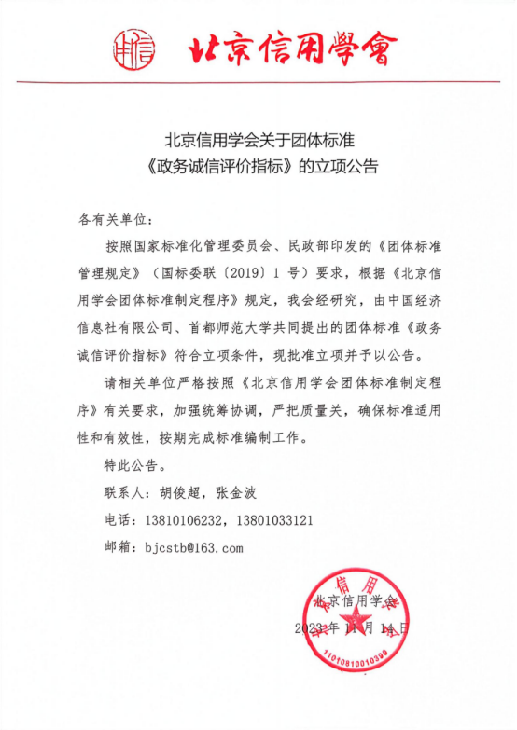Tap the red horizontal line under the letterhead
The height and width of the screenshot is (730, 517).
coord(258,82)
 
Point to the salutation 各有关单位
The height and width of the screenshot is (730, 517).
coord(113,220)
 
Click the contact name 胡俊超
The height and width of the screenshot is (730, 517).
coord(184,492)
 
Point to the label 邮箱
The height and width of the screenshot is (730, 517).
coord(120,547)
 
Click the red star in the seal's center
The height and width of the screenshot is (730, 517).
coord(356,621)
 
